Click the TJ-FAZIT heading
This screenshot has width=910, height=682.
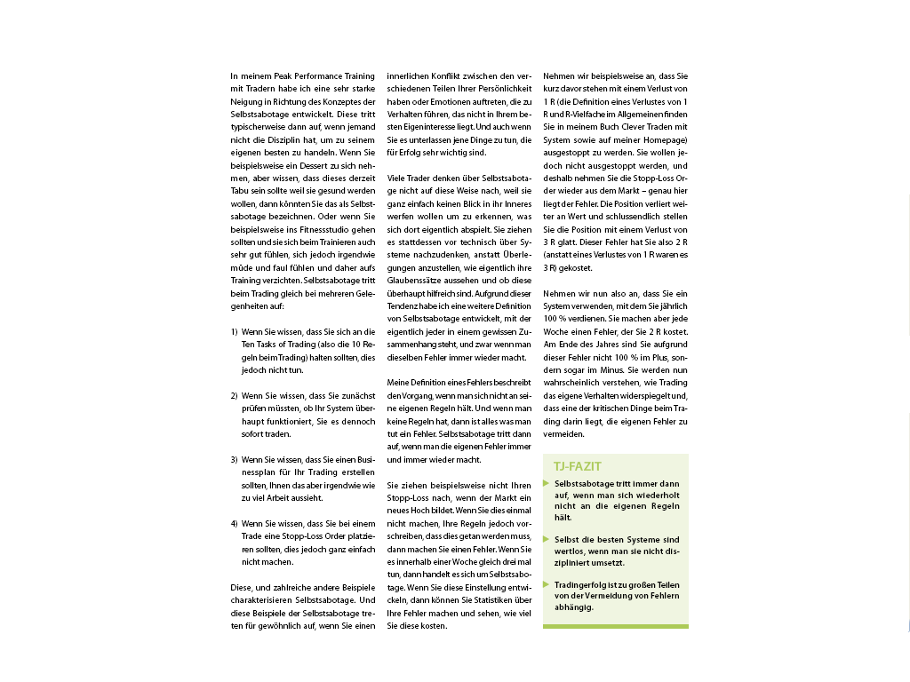tap(578, 466)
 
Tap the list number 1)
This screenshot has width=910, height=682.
tap(234, 331)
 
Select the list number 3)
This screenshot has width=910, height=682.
tap(234, 459)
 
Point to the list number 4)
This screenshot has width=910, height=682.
tap(234, 523)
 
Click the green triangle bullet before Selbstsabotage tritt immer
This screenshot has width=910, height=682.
tap(547, 484)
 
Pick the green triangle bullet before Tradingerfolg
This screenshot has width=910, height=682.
tap(547, 584)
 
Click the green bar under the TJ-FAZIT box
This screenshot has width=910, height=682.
tap(615, 626)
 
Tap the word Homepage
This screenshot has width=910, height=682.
tap(653, 139)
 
